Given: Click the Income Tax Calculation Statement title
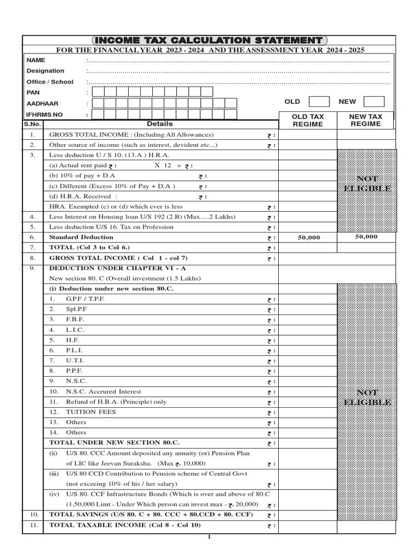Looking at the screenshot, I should pyautogui.click(x=209, y=40).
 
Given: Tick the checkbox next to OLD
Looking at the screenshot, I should pyautogui.click(x=319, y=102).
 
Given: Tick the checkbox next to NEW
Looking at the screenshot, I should pyautogui.click(x=374, y=102).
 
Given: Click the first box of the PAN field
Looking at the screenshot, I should pyautogui.click(x=98, y=92).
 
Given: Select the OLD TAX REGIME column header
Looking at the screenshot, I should pyautogui.click(x=308, y=120).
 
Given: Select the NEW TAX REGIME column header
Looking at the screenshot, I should pyautogui.click(x=366, y=120).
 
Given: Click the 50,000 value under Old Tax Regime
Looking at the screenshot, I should pyautogui.click(x=309, y=237).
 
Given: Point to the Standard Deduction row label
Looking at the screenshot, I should pyautogui.click(x=81, y=237).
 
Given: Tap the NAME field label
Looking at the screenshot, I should pyautogui.click(x=35, y=60).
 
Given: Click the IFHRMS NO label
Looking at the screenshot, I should pyautogui.click(x=44, y=115).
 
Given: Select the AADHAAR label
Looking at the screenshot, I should pyautogui.click(x=42, y=103).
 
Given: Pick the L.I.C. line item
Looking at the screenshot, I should pyautogui.click(x=75, y=330).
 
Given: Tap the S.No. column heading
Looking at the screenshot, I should pyautogui.click(x=32, y=124).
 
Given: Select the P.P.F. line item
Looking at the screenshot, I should pyautogui.click(x=75, y=371).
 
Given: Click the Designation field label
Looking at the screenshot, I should pyautogui.click(x=45, y=71).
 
